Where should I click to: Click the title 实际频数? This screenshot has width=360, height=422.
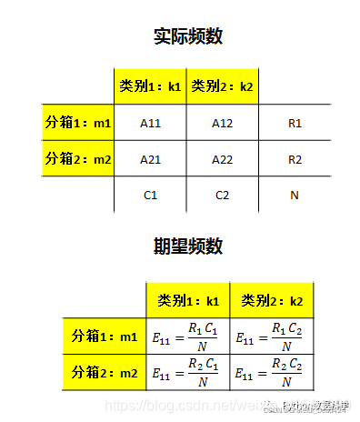(x=188, y=36)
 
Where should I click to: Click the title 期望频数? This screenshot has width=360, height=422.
(x=188, y=246)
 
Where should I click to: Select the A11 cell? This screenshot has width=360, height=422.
(x=150, y=121)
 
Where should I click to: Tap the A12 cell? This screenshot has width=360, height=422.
(x=223, y=121)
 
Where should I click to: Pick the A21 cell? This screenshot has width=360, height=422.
(x=150, y=159)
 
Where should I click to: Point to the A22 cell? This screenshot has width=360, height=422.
(x=223, y=159)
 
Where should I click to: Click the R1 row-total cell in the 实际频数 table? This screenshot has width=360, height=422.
(x=295, y=121)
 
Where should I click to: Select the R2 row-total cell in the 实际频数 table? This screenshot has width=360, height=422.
(x=295, y=159)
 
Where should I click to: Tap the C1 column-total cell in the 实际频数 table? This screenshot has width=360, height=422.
(x=150, y=195)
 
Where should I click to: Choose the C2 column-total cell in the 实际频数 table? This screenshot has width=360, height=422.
(x=223, y=195)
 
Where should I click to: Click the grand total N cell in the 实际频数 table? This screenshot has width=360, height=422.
(x=295, y=195)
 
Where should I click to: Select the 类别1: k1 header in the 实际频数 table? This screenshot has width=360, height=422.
(x=150, y=86)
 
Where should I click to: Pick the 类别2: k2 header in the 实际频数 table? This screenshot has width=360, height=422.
(x=223, y=86)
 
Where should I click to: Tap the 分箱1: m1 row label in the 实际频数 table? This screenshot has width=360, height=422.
(x=78, y=121)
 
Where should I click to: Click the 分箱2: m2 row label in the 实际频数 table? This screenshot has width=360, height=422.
(x=78, y=159)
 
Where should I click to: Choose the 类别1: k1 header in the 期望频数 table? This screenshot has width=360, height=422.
(x=188, y=299)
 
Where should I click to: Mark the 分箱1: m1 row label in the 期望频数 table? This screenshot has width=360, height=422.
(x=105, y=337)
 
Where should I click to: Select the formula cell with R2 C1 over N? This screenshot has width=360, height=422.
(x=188, y=372)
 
